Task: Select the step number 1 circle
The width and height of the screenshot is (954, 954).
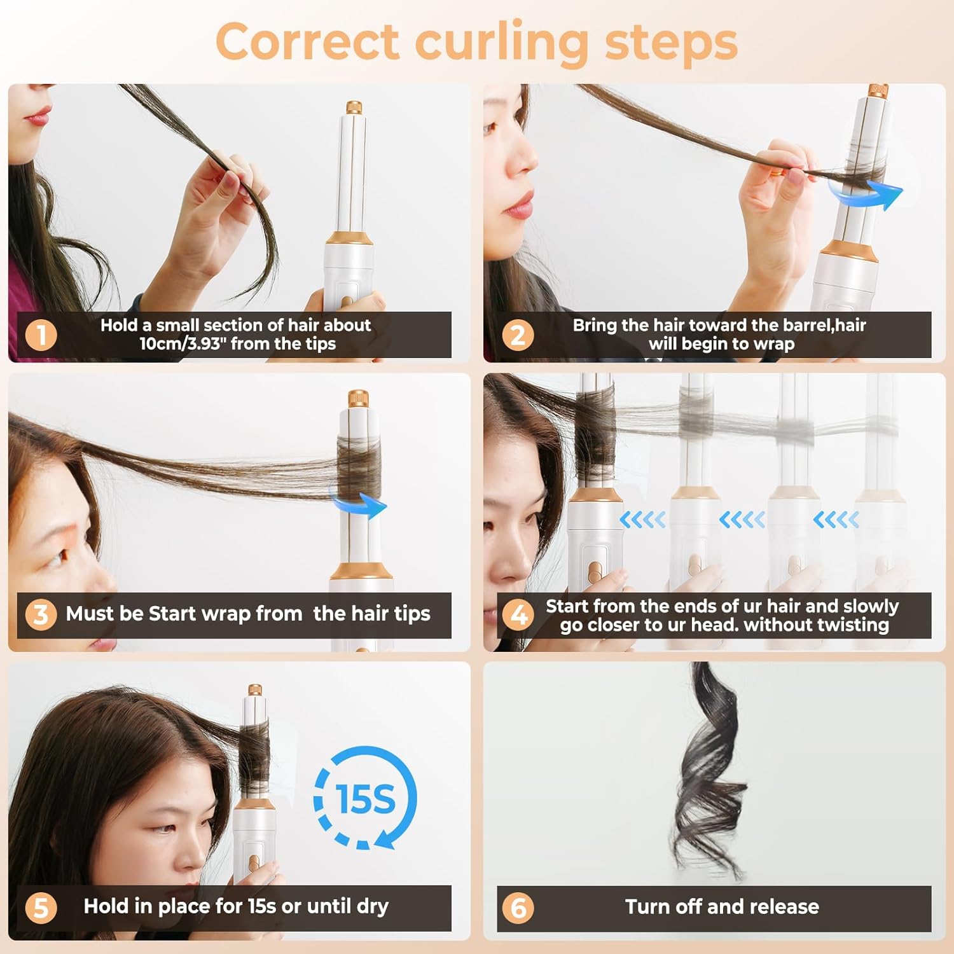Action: (41, 335)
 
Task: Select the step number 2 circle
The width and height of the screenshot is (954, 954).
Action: (518, 335)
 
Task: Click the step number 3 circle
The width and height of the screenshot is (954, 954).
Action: (41, 614)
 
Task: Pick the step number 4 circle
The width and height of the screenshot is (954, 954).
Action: (518, 615)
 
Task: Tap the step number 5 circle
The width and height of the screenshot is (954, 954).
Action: (41, 908)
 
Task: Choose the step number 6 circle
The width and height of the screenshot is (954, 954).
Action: (518, 908)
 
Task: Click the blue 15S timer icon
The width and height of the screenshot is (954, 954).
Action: (365, 798)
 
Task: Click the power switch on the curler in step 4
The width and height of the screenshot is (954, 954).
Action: (594, 570)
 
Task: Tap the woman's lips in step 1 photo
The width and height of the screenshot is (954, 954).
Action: (37, 116)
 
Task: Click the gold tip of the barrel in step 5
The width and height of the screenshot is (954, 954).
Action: (254, 690)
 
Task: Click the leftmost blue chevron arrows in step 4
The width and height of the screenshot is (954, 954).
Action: (642, 520)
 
